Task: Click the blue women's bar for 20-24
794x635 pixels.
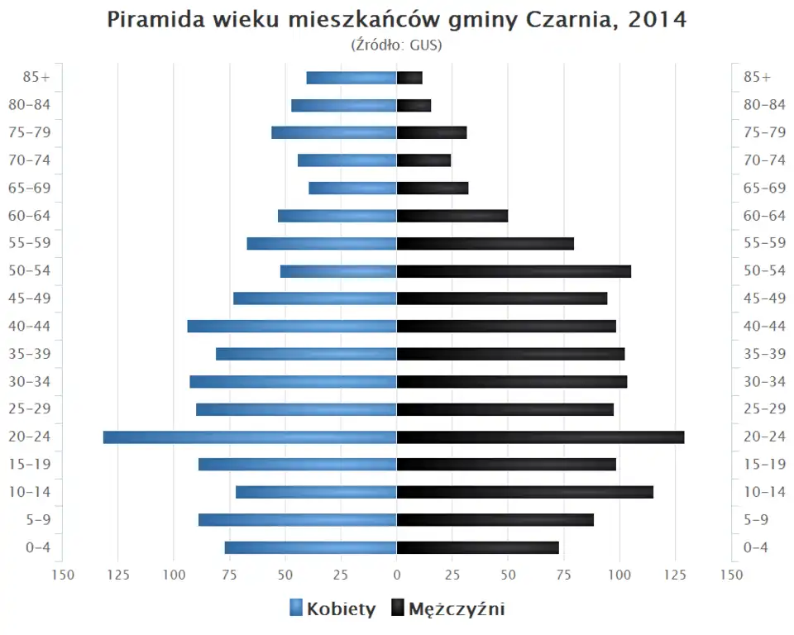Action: (x=250, y=437)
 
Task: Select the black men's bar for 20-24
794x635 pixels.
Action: (x=540, y=437)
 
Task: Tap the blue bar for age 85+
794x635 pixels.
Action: (x=352, y=78)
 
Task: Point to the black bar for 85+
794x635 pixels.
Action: (x=409, y=78)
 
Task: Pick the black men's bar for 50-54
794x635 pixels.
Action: (x=514, y=271)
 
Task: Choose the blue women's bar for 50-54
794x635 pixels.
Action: (x=338, y=271)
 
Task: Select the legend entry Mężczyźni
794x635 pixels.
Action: (x=456, y=609)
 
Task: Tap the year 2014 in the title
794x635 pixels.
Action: (x=657, y=20)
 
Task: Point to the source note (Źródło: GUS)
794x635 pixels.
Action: (x=397, y=45)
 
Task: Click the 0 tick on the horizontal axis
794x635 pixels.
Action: (x=397, y=575)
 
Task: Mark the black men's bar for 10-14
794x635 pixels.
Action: (x=524, y=492)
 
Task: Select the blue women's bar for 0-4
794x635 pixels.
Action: (x=310, y=547)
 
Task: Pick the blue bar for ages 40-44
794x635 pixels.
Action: (x=292, y=326)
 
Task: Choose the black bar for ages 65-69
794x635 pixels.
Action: (x=433, y=188)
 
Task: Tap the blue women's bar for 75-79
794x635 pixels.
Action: (x=334, y=132)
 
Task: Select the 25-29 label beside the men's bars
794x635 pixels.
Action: (x=764, y=409)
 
